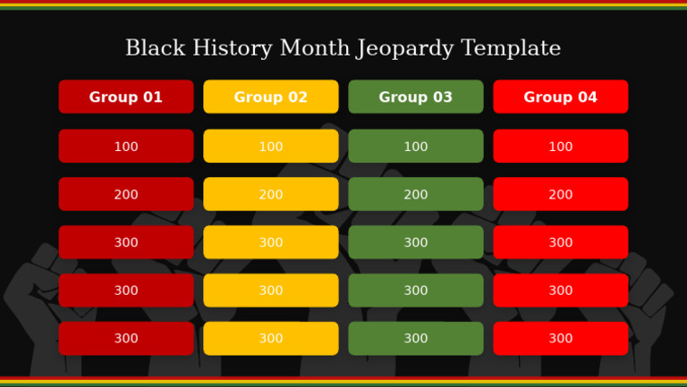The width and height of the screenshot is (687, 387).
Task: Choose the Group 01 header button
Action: [126, 97]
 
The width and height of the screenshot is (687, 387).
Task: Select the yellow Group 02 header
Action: [271, 97]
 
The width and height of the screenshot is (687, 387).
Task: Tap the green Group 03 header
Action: [416, 97]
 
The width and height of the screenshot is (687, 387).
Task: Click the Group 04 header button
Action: [561, 97]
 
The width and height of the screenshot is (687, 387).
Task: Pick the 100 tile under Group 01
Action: [126, 147]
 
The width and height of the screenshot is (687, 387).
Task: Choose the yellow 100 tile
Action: [271, 147]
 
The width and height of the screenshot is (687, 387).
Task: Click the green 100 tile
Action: [416, 147]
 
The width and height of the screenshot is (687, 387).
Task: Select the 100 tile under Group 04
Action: [561, 147]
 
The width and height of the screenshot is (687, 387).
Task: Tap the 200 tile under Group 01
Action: [126, 195]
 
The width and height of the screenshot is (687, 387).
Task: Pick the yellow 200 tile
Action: [271, 195]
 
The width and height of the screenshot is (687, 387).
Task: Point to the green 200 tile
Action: [416, 195]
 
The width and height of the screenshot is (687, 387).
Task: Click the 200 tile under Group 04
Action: [561, 195]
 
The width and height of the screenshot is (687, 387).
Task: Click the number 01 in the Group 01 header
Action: [153, 97]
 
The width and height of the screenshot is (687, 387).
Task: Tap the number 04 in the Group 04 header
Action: [588, 97]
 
